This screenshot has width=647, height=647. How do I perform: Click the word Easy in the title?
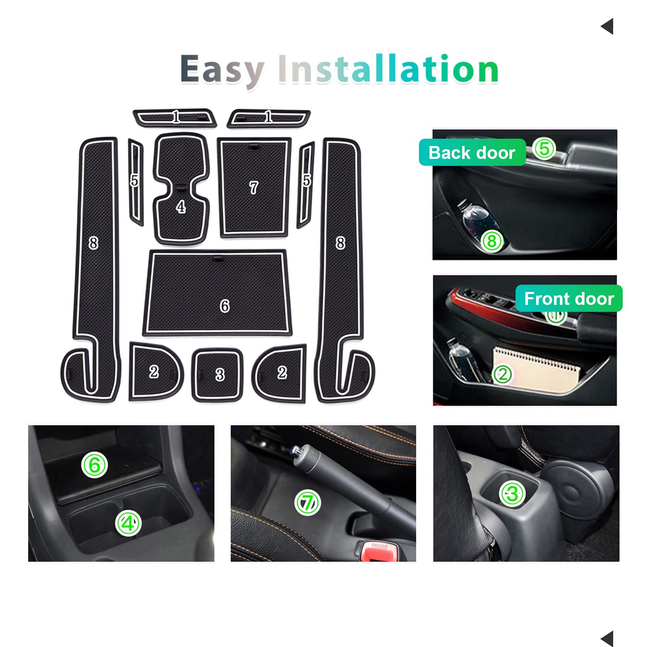point(222,70)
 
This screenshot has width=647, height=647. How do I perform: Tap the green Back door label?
point(472,152)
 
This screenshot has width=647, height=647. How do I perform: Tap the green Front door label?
point(569,298)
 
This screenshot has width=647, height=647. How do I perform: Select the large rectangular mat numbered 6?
point(218,292)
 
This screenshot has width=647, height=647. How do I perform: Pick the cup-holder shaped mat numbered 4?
point(181,188)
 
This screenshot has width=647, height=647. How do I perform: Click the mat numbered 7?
point(254,188)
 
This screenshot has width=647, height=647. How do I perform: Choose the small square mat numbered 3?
point(218,375)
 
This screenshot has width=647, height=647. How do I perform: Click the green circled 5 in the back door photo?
point(544,149)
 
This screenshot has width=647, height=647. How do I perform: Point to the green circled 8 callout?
point(492,241)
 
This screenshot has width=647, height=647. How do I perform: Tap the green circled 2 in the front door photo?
point(503,374)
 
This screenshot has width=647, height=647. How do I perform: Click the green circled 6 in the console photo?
point(94,465)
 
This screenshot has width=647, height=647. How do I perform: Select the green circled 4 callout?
point(128,524)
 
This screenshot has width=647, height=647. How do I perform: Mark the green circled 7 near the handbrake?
point(307,503)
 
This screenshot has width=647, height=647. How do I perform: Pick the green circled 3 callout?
point(512,494)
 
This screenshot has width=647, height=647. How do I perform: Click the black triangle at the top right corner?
point(608,26)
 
